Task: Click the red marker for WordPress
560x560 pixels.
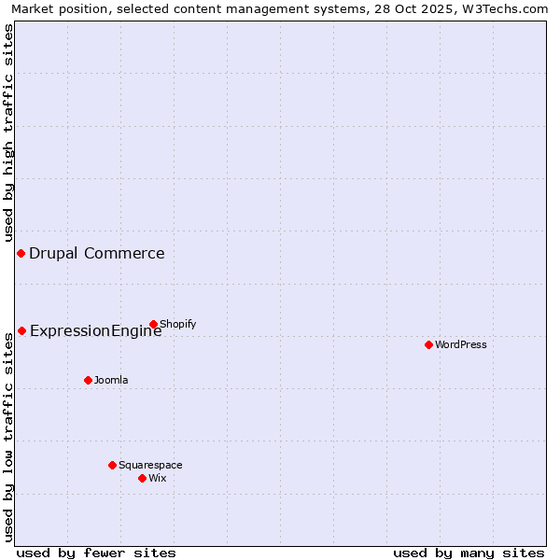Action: [428, 344]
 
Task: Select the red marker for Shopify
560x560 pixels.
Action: [153, 324]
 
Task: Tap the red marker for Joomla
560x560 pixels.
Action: [88, 380]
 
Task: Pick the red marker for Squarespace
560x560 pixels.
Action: [112, 465]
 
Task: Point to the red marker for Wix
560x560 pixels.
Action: [142, 478]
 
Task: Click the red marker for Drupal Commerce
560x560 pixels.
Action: [21, 253]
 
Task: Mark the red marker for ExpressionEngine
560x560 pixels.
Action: [21, 330]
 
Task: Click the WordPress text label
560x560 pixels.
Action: [461, 344]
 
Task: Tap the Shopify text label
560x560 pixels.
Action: [178, 324]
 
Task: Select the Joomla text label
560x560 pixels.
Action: [111, 380]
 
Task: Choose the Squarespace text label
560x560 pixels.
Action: [150, 465]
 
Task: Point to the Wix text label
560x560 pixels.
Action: [158, 478]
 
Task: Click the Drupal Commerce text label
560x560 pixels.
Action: [97, 253]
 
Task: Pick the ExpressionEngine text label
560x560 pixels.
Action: [96, 330]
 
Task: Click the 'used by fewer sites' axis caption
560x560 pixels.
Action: [96, 553]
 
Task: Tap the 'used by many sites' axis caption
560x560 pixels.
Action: [469, 553]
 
